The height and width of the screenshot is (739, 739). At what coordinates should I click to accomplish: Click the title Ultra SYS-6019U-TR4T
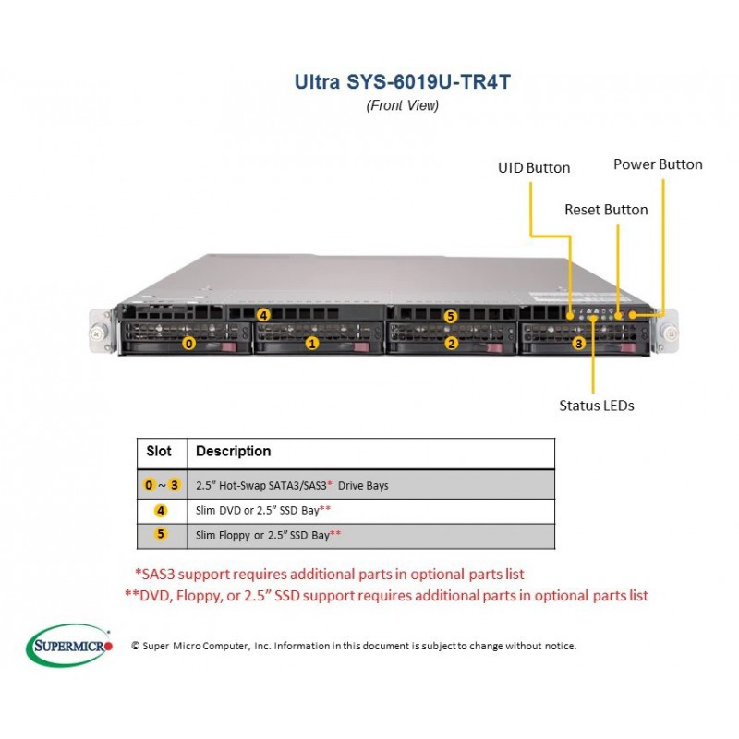click(403, 81)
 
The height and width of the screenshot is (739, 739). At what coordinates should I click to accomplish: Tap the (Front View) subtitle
click(403, 105)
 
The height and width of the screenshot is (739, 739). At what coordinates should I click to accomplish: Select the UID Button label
click(534, 168)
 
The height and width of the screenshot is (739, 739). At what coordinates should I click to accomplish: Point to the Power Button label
click(658, 164)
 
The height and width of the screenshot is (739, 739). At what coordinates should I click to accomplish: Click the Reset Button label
click(606, 210)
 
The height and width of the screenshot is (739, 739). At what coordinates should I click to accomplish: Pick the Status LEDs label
click(597, 406)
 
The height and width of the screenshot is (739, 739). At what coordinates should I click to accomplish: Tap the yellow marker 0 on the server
click(189, 344)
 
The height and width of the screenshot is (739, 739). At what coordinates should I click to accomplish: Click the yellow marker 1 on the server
click(312, 344)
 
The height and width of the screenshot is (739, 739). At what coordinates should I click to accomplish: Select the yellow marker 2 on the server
click(452, 344)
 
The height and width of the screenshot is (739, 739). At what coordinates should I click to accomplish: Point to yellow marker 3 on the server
click(579, 344)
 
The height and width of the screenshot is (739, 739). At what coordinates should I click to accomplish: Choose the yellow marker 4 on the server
click(263, 315)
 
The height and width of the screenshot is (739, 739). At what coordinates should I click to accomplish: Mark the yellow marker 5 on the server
click(451, 316)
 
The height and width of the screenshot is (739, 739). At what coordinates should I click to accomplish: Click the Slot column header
click(159, 451)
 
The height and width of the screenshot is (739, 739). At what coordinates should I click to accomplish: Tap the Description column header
click(234, 452)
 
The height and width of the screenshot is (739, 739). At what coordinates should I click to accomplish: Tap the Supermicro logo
click(69, 645)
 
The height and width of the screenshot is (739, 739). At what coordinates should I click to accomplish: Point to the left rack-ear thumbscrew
click(97, 333)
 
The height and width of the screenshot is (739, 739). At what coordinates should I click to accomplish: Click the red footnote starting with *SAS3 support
click(330, 574)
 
